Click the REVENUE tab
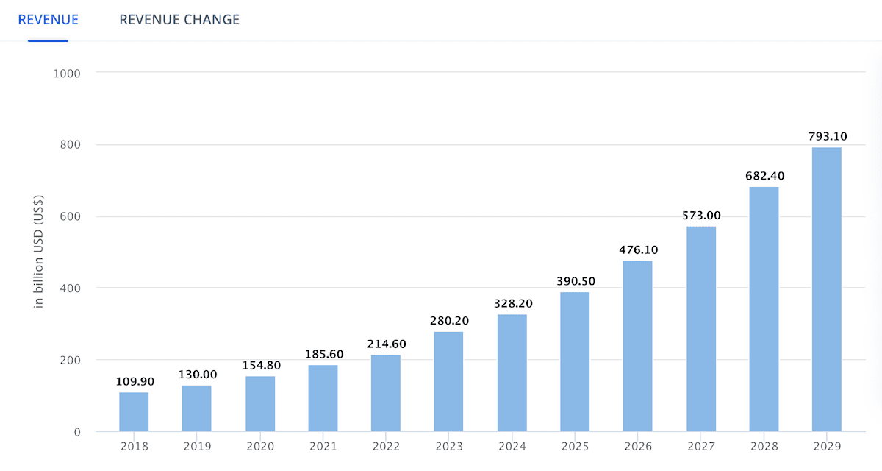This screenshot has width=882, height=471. [x=48, y=20]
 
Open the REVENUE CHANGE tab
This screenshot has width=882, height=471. [x=179, y=20]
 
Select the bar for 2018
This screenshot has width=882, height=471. [x=134, y=412]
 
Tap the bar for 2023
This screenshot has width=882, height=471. [x=448, y=381]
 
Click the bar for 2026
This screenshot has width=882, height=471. [x=637, y=346]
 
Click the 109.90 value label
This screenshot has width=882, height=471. [x=134, y=381]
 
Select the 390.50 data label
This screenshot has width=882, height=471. [x=574, y=281]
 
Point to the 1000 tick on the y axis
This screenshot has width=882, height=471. [x=67, y=73]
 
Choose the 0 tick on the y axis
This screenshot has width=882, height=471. [x=76, y=432]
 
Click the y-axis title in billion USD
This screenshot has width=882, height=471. [x=39, y=252]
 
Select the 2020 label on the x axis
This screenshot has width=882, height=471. [x=260, y=447]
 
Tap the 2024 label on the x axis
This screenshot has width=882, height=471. [x=512, y=447]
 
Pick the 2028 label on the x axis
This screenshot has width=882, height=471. [x=764, y=447]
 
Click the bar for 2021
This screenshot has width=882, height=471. [x=323, y=398]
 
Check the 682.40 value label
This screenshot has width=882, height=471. [x=764, y=176]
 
